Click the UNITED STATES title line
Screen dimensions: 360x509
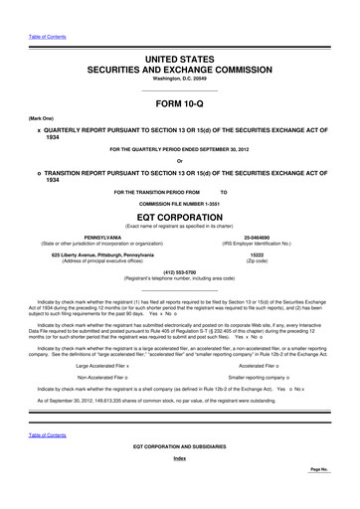(179, 61)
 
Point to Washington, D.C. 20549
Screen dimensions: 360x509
(179, 83)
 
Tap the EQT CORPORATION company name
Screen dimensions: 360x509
(179, 214)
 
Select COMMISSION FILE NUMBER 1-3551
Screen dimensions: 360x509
(179, 201)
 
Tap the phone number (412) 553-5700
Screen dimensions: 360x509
(179, 272)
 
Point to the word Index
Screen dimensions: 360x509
(179, 486)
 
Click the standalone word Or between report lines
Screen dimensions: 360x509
(179, 162)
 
